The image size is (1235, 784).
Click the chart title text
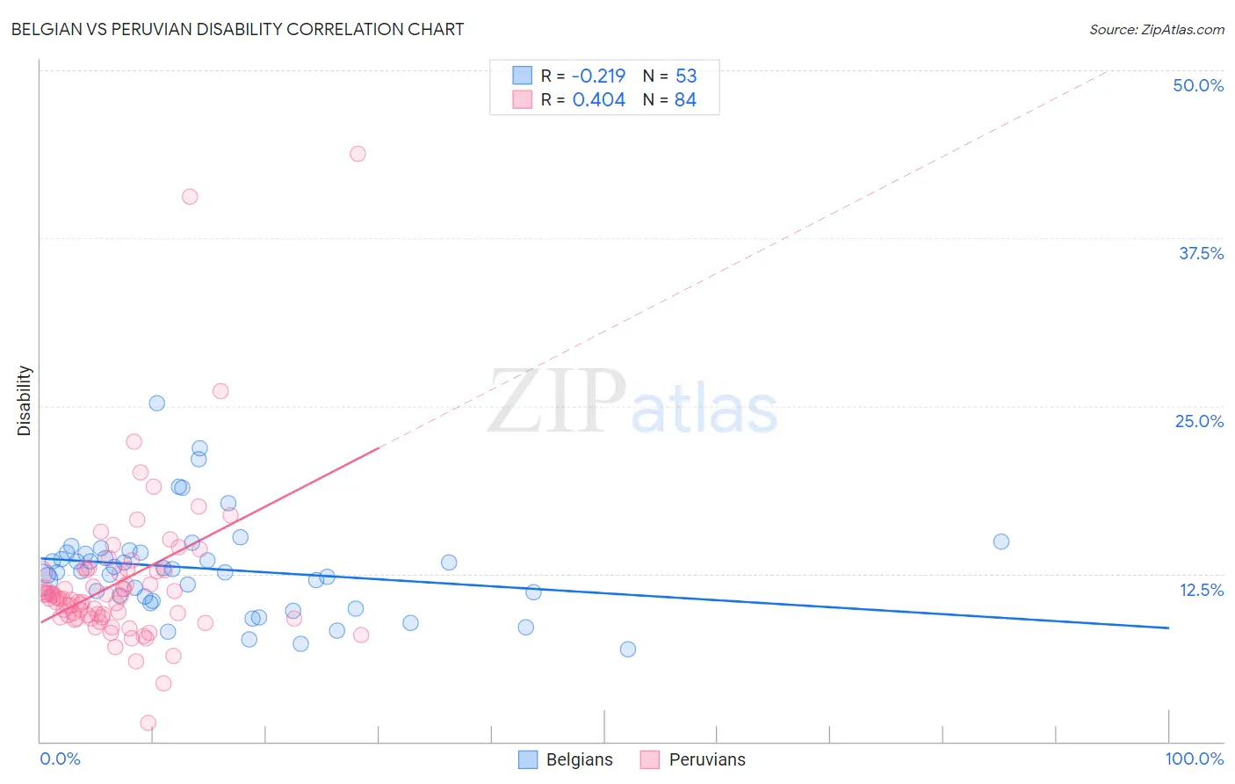tap(237, 29)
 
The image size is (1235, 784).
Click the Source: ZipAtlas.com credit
tap(1156, 29)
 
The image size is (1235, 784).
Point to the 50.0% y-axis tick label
tap(1198, 85)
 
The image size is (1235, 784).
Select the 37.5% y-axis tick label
tap(1201, 253)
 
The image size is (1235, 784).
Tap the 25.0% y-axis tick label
tap(1199, 421)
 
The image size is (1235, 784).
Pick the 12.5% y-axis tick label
tap(1201, 590)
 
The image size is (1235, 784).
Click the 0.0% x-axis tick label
tap(60, 759)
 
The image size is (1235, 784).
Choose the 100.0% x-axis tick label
tap(1194, 759)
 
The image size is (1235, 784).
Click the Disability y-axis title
tap(25, 401)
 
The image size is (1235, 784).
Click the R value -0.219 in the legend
tap(598, 76)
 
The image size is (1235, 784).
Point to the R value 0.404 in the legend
tap(598, 100)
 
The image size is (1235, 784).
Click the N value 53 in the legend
tap(686, 76)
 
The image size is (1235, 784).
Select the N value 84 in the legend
tap(685, 100)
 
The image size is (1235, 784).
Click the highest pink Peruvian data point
tap(357, 154)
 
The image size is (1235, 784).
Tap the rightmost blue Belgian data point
tap(1001, 541)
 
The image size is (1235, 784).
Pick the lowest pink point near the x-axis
tap(148, 722)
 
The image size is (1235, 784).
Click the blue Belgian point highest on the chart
tap(157, 403)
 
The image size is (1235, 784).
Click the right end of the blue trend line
tap(1168, 628)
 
